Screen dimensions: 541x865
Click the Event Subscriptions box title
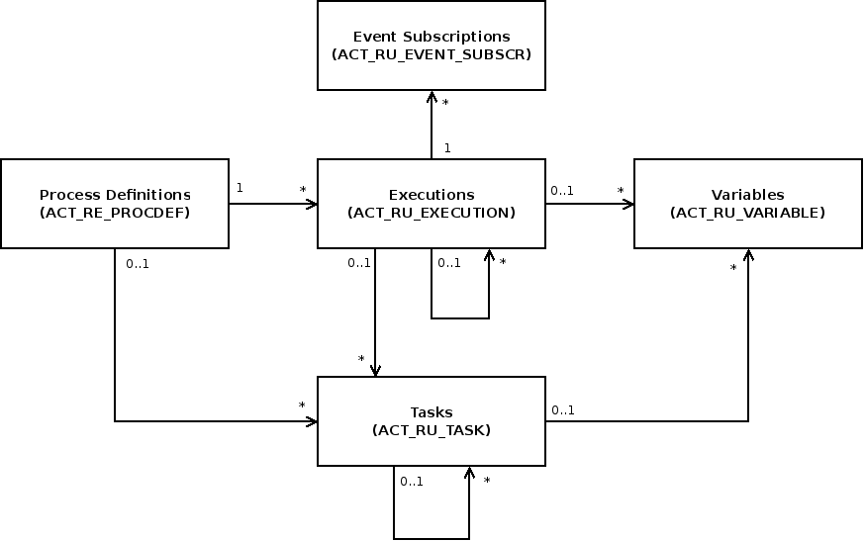coord(431,37)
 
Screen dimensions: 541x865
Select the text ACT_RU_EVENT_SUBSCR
coord(431,54)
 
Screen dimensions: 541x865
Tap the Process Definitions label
coord(115,195)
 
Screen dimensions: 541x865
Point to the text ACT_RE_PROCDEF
coord(115,213)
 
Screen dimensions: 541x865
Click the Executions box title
coord(431,195)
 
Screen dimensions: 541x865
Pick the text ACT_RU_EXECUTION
coord(431,213)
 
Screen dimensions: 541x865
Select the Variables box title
coord(747,195)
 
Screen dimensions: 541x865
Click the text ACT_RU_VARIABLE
coord(747,213)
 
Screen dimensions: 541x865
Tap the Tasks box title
coord(431,412)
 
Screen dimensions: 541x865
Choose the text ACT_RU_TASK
coord(431,430)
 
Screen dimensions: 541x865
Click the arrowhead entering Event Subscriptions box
coord(432,96)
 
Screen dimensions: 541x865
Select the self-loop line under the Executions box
coord(460,318)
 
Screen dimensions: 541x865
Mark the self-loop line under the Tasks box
coord(432,539)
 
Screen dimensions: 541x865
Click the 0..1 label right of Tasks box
coord(563,409)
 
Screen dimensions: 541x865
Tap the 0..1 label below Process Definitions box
coord(138,263)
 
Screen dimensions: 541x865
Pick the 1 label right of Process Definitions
coord(240,187)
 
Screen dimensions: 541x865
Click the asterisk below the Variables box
coord(733,267)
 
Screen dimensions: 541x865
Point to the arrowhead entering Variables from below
coord(748,255)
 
